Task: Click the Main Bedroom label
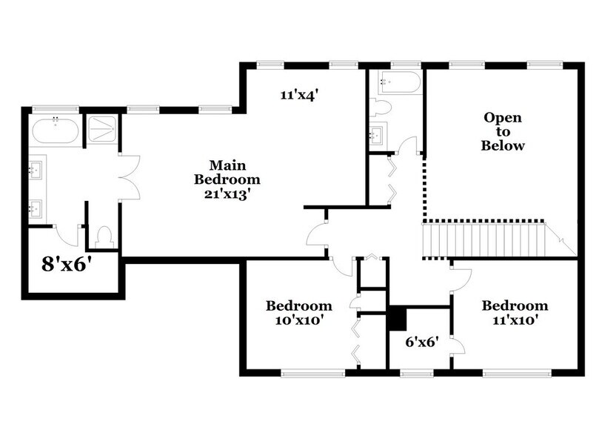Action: coord(227,171)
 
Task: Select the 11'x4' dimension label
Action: coord(299,95)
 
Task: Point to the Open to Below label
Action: coord(503,131)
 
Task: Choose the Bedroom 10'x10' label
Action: coord(299,312)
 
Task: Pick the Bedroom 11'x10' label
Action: coord(515,312)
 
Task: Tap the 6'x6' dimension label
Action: coord(423,342)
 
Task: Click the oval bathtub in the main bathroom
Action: coord(55,131)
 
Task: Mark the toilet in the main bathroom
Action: coord(104,236)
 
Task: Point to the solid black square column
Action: coord(398,318)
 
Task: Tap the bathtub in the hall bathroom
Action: coord(398,81)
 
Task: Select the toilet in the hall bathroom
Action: coord(381,108)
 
